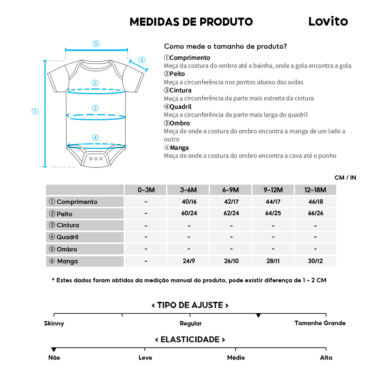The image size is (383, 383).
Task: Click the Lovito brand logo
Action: click(328, 21)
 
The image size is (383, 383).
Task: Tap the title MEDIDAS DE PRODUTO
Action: click(191, 22)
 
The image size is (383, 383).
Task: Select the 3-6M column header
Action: click(188, 190)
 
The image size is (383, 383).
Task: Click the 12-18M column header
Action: click(315, 190)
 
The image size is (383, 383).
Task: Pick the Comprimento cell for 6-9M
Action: click(231, 201)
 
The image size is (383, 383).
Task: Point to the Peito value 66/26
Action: click(315, 213)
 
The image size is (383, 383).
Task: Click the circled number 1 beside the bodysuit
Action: click(35, 111)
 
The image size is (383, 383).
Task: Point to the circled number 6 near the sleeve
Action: click(142, 60)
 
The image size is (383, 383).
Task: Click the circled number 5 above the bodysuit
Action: click(96, 43)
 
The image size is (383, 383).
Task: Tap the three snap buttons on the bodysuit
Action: click(96, 158)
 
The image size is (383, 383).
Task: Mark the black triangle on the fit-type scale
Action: click(259, 316)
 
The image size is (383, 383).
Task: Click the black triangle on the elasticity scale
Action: click(54, 350)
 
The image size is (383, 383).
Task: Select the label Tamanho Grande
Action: click(320, 323)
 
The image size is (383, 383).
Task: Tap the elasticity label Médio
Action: click(236, 358)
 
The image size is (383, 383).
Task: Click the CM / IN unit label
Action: click(345, 178)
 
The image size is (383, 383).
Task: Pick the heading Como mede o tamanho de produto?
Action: click(226, 47)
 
